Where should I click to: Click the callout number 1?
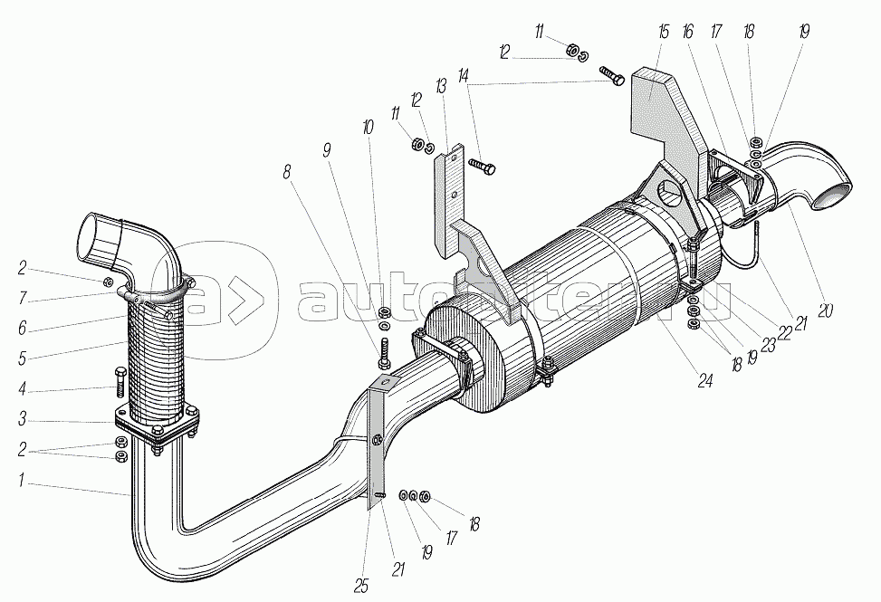22,480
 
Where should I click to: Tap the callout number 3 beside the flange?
22,418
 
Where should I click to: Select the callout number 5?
22,358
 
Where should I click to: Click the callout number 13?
440,86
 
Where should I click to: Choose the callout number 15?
664,32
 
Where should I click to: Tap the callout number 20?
825,311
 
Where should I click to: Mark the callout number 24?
705,381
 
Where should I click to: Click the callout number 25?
360,587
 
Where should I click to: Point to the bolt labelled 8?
384,353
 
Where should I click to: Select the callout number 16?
688,32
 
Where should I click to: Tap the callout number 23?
768,344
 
